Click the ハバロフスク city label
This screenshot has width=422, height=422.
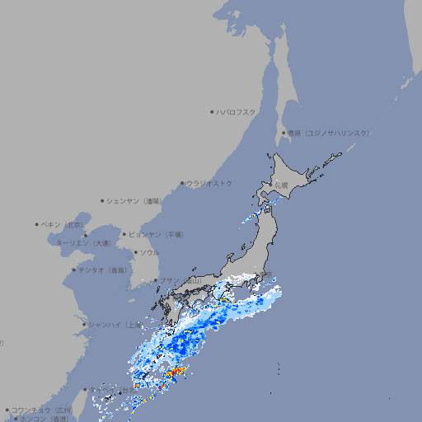pyautogui.click(x=237, y=111)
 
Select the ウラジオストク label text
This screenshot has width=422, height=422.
pyautogui.click(x=209, y=183)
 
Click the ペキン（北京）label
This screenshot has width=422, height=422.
pyautogui.click(x=63, y=224)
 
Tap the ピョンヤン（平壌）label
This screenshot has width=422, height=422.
pyautogui.click(x=156, y=234)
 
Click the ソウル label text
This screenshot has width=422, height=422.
pyautogui.click(x=149, y=252)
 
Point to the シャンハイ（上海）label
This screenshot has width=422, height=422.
pyautogui.click(x=115, y=325)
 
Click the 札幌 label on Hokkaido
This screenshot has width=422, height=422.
pyautogui.click(x=281, y=185)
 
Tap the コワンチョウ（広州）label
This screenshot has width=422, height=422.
pyautogui.click(x=42, y=410)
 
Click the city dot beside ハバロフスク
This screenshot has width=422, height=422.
pyautogui.click(x=212, y=111)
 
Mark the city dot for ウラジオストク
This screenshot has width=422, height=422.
pyautogui.click(x=182, y=183)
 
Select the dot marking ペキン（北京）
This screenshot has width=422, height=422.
pyautogui.click(x=37, y=224)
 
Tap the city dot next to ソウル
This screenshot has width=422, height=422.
pyautogui.click(x=134, y=252)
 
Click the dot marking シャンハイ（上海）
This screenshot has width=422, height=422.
pyautogui.click(x=84, y=325)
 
